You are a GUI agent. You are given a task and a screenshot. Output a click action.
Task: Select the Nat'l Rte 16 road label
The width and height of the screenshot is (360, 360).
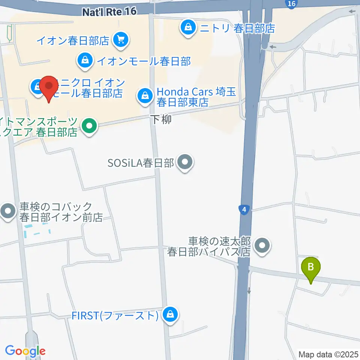[x=109, y=12]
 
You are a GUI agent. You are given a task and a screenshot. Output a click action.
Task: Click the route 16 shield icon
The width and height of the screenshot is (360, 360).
[x=291, y=4]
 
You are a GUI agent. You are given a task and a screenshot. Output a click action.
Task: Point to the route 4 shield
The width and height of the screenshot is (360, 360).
[x=244, y=210]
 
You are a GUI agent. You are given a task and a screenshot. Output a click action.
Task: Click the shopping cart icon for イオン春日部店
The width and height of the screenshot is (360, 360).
[x=121, y=39]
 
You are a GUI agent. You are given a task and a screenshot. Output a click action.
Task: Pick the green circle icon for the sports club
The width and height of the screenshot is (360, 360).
[x=89, y=126]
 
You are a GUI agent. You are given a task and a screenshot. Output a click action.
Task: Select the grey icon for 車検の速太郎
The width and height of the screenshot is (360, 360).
[x=262, y=246]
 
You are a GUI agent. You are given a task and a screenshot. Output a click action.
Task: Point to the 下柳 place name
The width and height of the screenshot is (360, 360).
[x=162, y=120]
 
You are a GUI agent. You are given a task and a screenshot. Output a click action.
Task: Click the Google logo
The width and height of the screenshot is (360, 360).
[x=25, y=351]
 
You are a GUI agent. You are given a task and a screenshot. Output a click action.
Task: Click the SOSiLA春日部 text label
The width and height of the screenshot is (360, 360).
[x=141, y=163]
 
